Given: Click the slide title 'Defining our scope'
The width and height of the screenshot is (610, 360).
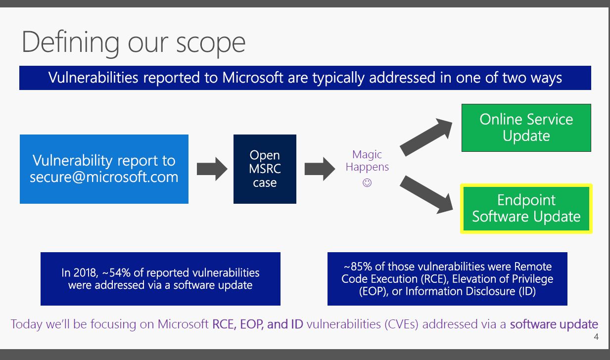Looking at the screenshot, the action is coord(134,43).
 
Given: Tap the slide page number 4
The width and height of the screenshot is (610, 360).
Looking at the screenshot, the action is coord(596,337).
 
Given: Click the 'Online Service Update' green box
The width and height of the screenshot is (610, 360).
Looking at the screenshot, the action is coord(526,128).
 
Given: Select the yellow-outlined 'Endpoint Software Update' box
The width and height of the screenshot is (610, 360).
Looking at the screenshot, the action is coord(526,209).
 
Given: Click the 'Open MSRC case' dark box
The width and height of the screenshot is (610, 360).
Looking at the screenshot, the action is coord(265,169).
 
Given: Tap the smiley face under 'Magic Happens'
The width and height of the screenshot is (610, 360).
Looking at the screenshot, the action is coord(367,182).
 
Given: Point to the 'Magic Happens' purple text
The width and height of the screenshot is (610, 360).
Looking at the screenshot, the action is coord(367,161).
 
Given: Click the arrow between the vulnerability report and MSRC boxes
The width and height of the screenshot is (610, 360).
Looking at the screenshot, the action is coord(212,169).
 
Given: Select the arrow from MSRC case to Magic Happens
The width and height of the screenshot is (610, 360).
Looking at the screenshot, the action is coord(320,169).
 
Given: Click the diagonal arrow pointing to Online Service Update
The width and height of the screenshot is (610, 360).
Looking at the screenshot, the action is coord(426,137).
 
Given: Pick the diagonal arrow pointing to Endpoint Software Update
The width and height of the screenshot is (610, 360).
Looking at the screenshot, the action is coord(426,194).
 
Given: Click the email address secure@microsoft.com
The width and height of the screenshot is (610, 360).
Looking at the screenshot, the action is coord(104,177).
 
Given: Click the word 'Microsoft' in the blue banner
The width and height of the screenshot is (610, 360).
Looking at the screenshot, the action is coord(253,78).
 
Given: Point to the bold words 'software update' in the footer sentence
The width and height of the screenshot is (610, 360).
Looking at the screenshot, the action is coord(554,324).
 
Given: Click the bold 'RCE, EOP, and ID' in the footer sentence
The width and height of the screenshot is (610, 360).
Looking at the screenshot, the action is coord(258,324).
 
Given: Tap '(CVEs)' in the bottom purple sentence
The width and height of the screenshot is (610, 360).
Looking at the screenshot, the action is coord(401,324).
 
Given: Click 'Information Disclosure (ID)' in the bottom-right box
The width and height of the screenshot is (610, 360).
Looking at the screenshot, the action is coord(470,291).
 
